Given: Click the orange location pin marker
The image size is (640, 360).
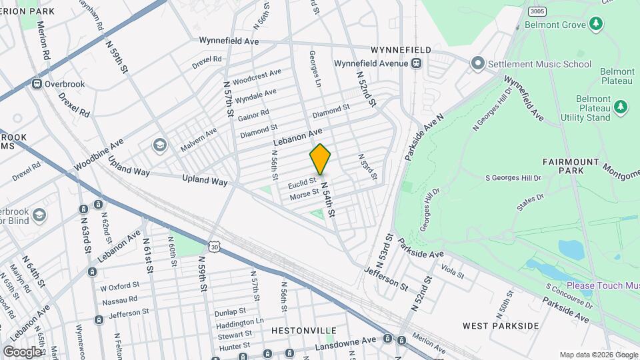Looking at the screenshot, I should [x=320, y=159].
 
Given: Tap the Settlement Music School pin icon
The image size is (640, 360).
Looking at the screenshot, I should [x=477, y=64].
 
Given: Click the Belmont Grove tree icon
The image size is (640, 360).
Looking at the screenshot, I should [x=596, y=25].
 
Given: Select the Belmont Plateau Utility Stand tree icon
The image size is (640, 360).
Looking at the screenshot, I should [x=621, y=107].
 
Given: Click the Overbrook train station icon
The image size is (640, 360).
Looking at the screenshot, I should [x=37, y=84].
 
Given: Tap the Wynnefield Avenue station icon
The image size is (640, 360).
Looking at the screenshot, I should [x=416, y=63].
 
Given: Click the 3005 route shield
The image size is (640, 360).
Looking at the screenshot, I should [x=535, y=12].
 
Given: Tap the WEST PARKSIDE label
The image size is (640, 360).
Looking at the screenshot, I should [x=501, y=325].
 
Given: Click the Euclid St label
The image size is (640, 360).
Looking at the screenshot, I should [x=301, y=181].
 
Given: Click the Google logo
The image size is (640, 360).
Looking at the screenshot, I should [x=22, y=351].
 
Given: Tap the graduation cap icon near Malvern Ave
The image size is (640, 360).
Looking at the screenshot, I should [x=159, y=145].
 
